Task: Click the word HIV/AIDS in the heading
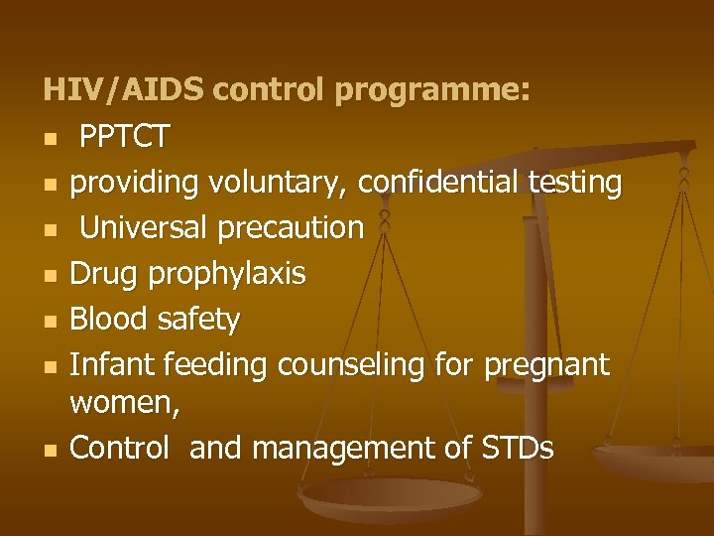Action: click(123, 91)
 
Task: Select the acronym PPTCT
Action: click(124, 137)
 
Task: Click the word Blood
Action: click(109, 320)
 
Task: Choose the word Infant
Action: click(109, 365)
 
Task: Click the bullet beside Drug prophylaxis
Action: click(49, 275)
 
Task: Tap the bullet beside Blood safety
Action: click(49, 321)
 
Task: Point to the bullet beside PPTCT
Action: click(49, 138)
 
